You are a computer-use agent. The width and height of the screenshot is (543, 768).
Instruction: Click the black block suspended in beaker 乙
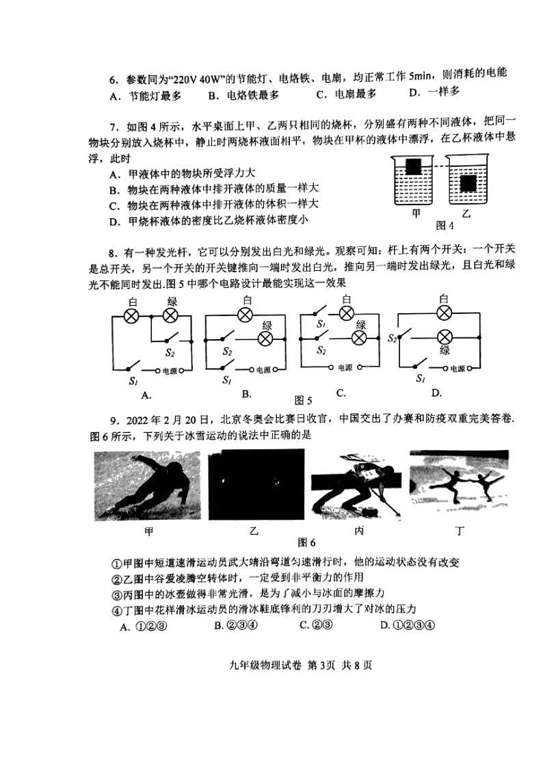[468, 183]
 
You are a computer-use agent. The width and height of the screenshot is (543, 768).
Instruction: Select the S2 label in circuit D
[392, 338]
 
